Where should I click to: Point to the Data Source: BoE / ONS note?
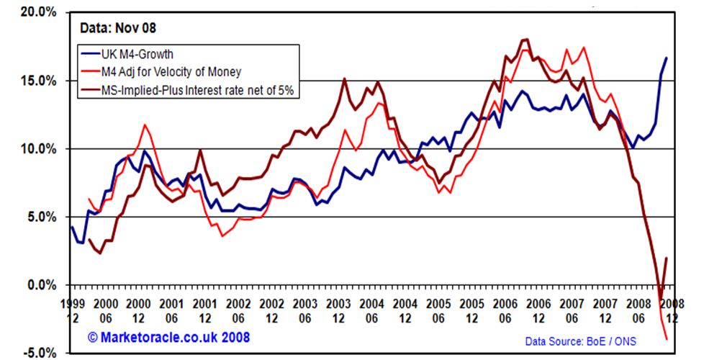click(585, 340)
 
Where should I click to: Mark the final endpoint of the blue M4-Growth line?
click(667, 58)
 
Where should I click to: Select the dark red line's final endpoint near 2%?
click(667, 258)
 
